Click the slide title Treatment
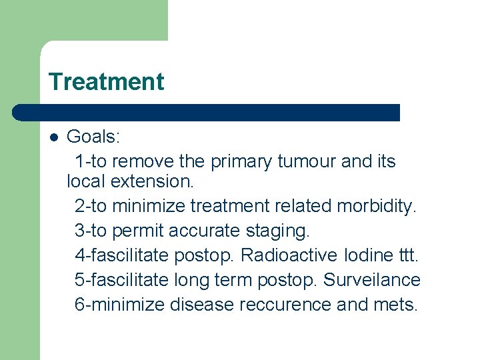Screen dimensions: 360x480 pos(106,82)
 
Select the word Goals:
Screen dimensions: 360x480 pos(93,137)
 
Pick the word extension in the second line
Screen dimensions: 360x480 pos(152,181)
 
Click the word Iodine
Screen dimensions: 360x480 pos(366,255)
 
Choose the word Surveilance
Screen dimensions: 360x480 pos(372,280)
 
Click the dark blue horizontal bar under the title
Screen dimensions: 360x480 pos(207,112)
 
